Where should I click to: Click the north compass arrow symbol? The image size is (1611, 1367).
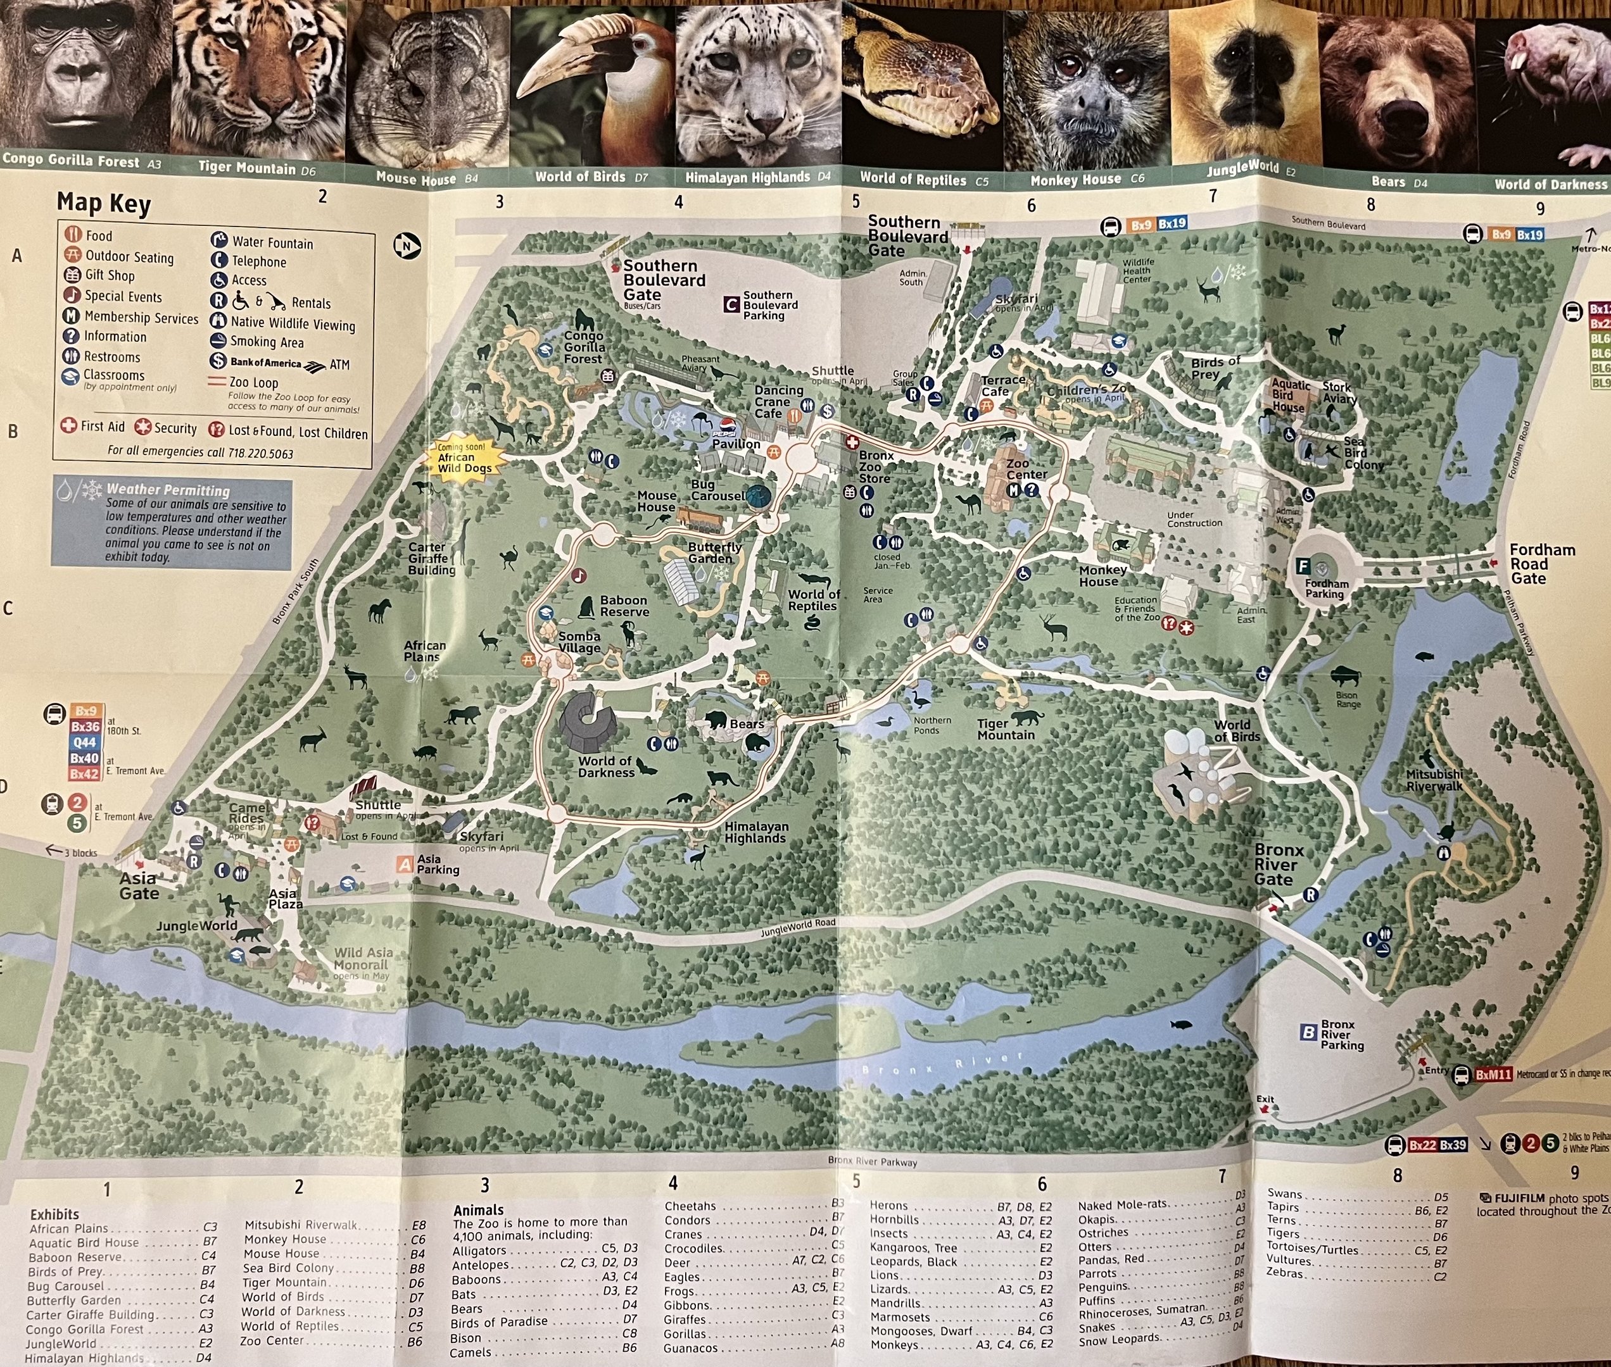pos(407,246)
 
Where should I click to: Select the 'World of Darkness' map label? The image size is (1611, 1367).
pos(605,766)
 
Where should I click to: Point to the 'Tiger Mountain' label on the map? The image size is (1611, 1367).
pos(1006,729)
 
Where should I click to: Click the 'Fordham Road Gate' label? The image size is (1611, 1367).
pos(1541,563)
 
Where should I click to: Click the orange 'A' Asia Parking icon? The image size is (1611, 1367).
pos(405,864)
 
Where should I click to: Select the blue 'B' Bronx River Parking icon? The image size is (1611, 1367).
pos(1309,1032)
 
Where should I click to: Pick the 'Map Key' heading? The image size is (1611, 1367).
pos(104,203)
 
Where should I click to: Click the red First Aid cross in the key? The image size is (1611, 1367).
pos(69,425)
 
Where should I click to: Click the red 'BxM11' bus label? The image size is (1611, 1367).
pos(1493,1075)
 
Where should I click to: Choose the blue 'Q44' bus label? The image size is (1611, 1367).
pos(84,742)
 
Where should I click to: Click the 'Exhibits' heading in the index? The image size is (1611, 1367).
pos(54,1214)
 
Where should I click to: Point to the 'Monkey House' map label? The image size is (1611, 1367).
pos(1102,576)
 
